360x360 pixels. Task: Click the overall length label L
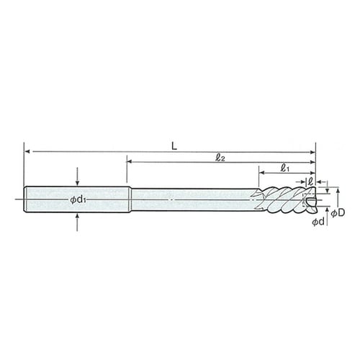tap(175, 146)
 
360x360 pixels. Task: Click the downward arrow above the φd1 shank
tap(78, 181)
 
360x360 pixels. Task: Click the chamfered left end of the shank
tap(26, 199)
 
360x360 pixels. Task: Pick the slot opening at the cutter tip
tap(310, 199)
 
